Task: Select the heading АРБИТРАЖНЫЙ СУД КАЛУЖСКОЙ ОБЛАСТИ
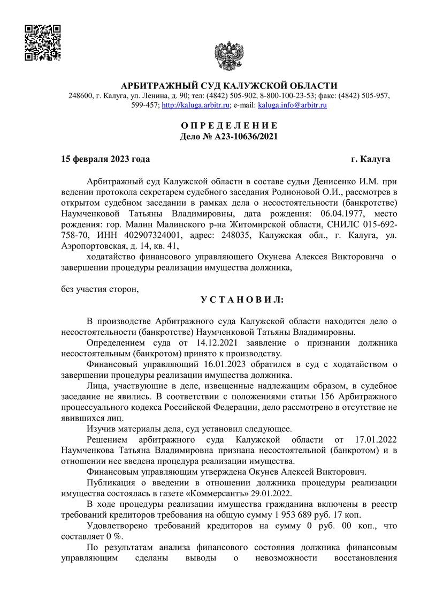(230, 86)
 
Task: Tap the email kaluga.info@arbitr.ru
(293, 106)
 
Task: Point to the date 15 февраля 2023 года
(106, 159)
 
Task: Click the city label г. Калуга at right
(370, 159)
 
